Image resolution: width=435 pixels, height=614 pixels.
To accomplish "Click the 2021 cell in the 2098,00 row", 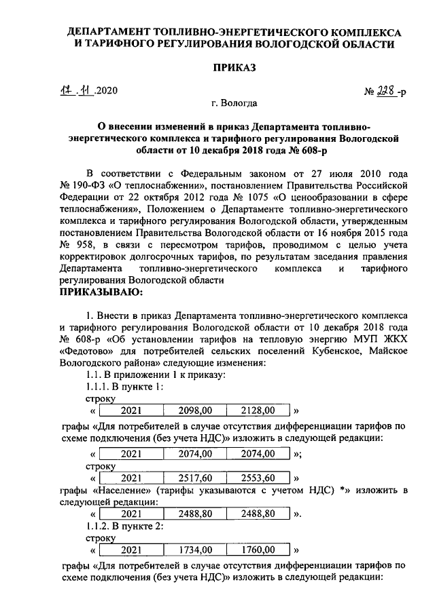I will [131, 410].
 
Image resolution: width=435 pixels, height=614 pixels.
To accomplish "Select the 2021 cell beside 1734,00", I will [131, 549].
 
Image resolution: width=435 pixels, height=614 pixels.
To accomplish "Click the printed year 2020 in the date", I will [107, 91].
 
